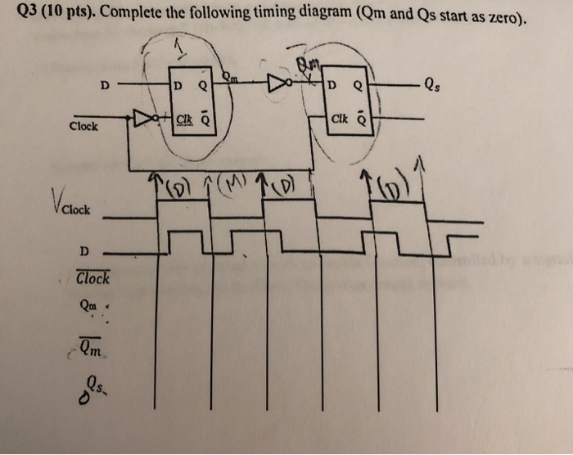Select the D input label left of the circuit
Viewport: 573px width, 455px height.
coord(103,83)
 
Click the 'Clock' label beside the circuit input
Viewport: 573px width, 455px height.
coord(83,127)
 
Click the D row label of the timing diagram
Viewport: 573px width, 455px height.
coord(84,250)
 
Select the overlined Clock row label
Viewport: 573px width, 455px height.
coord(92,278)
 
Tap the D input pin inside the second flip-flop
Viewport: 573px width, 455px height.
coord(331,84)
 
